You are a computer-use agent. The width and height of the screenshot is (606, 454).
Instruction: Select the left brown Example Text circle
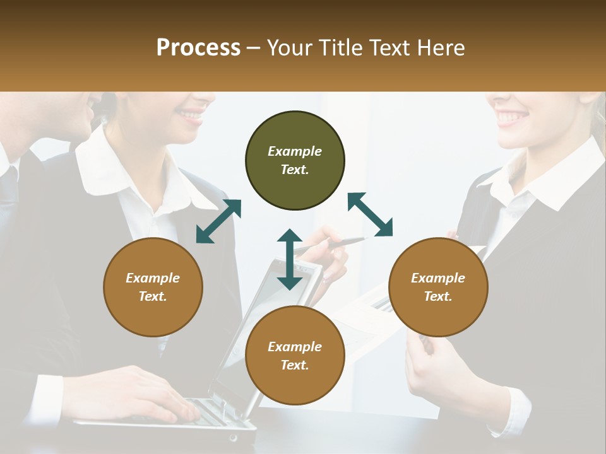pyautogui.click(x=153, y=287)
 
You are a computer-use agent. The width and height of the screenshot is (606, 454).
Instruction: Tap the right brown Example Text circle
pyautogui.click(x=437, y=287)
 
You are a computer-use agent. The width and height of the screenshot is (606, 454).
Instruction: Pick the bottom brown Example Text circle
pyautogui.click(x=295, y=356)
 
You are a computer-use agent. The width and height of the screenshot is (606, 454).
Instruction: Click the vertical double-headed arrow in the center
pyautogui.click(x=290, y=259)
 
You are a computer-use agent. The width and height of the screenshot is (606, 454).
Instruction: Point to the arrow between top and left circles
pyautogui.click(x=218, y=221)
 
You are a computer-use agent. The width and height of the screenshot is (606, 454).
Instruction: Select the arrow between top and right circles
pyautogui.click(x=370, y=214)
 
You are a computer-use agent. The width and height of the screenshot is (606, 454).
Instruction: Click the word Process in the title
pyautogui.click(x=198, y=47)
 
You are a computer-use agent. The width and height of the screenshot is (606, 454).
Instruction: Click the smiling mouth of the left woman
pyautogui.click(x=189, y=115)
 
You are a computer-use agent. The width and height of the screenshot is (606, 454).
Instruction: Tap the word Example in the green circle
pyautogui.click(x=295, y=151)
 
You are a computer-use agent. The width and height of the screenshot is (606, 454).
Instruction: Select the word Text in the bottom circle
pyautogui.click(x=295, y=365)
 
